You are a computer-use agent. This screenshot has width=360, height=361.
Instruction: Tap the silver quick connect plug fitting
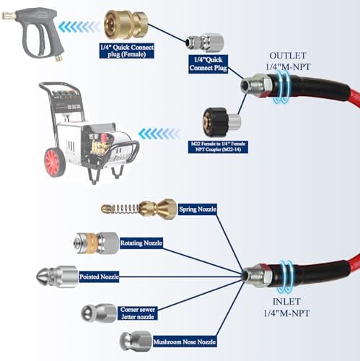(x=205, y=43)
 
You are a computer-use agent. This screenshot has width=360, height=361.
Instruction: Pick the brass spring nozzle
(x=139, y=209)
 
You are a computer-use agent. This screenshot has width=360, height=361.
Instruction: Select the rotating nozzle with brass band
(x=96, y=243)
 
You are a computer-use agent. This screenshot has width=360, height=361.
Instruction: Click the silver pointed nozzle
(x=57, y=277)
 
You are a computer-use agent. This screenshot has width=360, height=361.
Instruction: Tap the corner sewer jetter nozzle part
(x=99, y=313)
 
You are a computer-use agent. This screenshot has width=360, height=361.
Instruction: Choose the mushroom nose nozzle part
(x=136, y=341)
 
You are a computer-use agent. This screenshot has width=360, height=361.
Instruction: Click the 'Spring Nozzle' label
(x=198, y=209)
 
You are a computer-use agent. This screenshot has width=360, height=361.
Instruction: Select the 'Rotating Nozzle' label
(x=141, y=243)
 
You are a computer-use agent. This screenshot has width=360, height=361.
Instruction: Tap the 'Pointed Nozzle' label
(x=99, y=277)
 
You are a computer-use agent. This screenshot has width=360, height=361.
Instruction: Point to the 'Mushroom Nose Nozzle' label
(x=185, y=342)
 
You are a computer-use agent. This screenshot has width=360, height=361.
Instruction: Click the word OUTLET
(x=288, y=56)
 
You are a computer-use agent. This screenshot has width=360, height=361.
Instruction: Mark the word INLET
(x=286, y=302)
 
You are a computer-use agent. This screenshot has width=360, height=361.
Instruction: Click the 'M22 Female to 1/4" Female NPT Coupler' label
(x=219, y=147)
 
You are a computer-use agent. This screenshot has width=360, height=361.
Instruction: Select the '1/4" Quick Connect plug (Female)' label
(x=127, y=51)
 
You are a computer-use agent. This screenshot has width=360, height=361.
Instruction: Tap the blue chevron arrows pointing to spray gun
(x=79, y=26)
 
